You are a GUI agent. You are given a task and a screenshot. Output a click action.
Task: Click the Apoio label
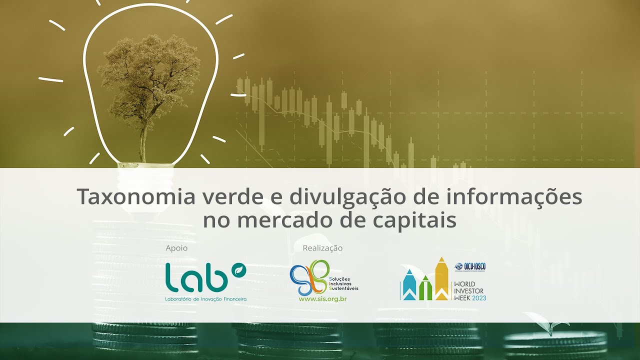click(x=176, y=248)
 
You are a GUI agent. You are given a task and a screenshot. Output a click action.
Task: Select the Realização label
click(x=322, y=248)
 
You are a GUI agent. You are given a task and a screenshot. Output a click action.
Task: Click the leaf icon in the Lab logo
click(x=240, y=269)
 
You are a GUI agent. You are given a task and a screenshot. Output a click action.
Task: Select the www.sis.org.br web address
click(x=322, y=299)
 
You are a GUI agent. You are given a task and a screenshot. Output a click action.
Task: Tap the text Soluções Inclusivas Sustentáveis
click(x=343, y=283)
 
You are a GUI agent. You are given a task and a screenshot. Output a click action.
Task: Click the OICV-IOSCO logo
click(x=470, y=266)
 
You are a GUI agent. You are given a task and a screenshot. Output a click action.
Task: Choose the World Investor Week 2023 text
click(x=469, y=291)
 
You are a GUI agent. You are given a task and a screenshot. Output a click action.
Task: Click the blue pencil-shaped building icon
click(x=409, y=285)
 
